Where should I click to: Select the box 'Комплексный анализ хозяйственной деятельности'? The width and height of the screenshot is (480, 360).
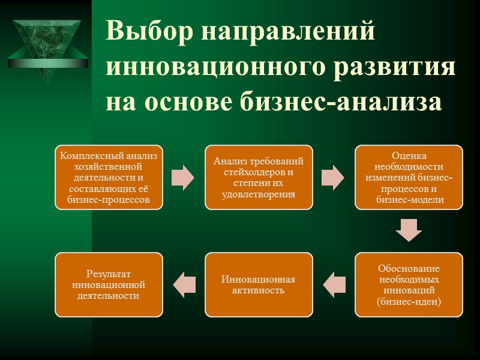tap(109, 178)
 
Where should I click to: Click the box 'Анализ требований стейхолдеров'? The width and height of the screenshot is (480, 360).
tap(259, 178)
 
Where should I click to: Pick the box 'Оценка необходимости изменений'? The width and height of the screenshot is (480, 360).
tap(409, 178)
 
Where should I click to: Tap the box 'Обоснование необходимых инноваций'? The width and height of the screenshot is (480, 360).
tap(409, 284)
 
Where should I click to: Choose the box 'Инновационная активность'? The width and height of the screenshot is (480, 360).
tap(259, 284)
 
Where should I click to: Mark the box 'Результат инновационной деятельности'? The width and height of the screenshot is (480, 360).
tap(109, 284)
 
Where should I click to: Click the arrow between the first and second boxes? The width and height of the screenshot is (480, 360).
tap(183, 178)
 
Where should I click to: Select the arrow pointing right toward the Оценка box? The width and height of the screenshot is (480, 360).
tap(333, 178)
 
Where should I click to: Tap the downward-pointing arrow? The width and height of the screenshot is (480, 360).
tap(409, 230)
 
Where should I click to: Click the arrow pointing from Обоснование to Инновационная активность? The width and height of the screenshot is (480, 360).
tap(334, 284)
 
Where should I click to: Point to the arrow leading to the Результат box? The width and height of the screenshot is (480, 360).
tap(184, 284)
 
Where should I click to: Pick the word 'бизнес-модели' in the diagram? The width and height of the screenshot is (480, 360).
tap(409, 200)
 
